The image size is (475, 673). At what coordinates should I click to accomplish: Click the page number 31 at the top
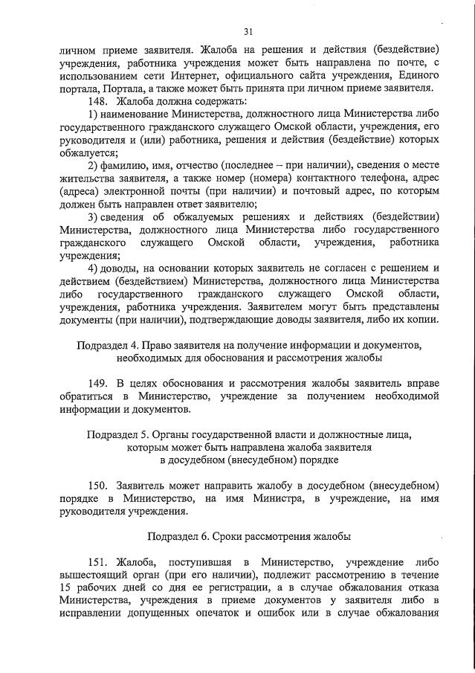(x=248, y=30)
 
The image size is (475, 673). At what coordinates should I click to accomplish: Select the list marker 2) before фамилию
(x=93, y=164)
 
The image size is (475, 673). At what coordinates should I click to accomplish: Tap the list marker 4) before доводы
(x=93, y=268)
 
